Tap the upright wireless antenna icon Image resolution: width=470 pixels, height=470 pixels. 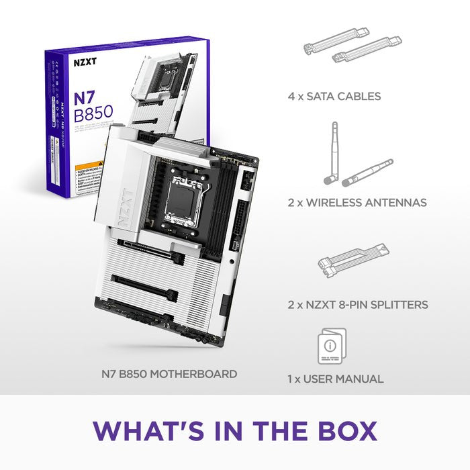(x=333, y=152)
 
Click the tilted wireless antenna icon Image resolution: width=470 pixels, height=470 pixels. (x=369, y=172)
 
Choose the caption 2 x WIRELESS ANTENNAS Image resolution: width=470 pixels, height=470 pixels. (x=357, y=203)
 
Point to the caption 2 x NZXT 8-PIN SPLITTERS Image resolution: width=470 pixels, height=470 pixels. (x=357, y=305)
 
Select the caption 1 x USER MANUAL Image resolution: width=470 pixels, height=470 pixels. (x=335, y=379)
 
